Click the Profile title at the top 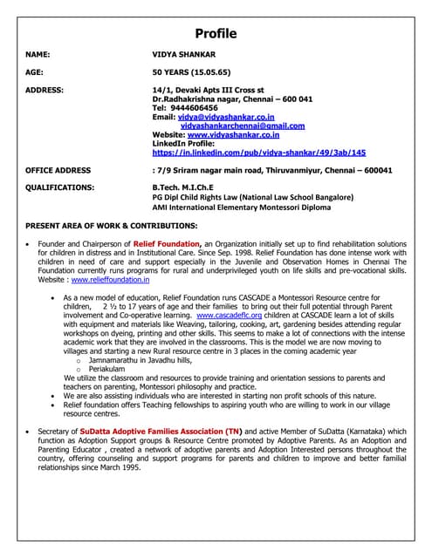[215, 34]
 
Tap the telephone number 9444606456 [200, 107]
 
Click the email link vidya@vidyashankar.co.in [226, 116]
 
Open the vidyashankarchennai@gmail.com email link [243, 126]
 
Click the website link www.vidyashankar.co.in [233, 135]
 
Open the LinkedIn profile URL [259, 153]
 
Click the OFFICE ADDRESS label [58, 170]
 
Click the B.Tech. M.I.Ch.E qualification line [182, 187]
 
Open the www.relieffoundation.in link [110, 280]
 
